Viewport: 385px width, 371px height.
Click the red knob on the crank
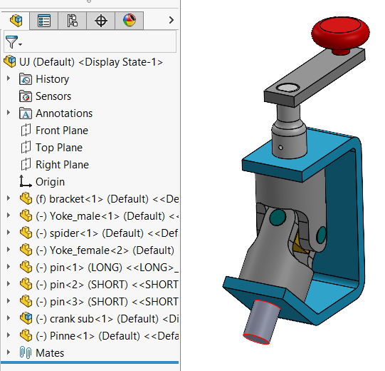coord(342,34)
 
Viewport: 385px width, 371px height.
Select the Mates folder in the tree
coord(49,352)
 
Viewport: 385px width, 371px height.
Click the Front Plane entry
coord(62,131)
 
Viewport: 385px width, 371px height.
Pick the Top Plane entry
coord(59,148)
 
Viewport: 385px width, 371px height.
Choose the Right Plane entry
coord(62,165)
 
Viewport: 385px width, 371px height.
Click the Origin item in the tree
coord(50,182)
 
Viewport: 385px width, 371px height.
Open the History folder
coord(52,79)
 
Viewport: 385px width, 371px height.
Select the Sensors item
coord(53,96)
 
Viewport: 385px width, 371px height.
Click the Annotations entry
coord(64,113)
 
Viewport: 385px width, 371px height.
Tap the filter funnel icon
coord(11,43)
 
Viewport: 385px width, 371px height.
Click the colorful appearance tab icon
coord(129,20)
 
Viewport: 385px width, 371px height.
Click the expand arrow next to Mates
coord(9,352)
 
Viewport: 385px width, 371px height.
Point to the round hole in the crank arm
coord(289,88)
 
